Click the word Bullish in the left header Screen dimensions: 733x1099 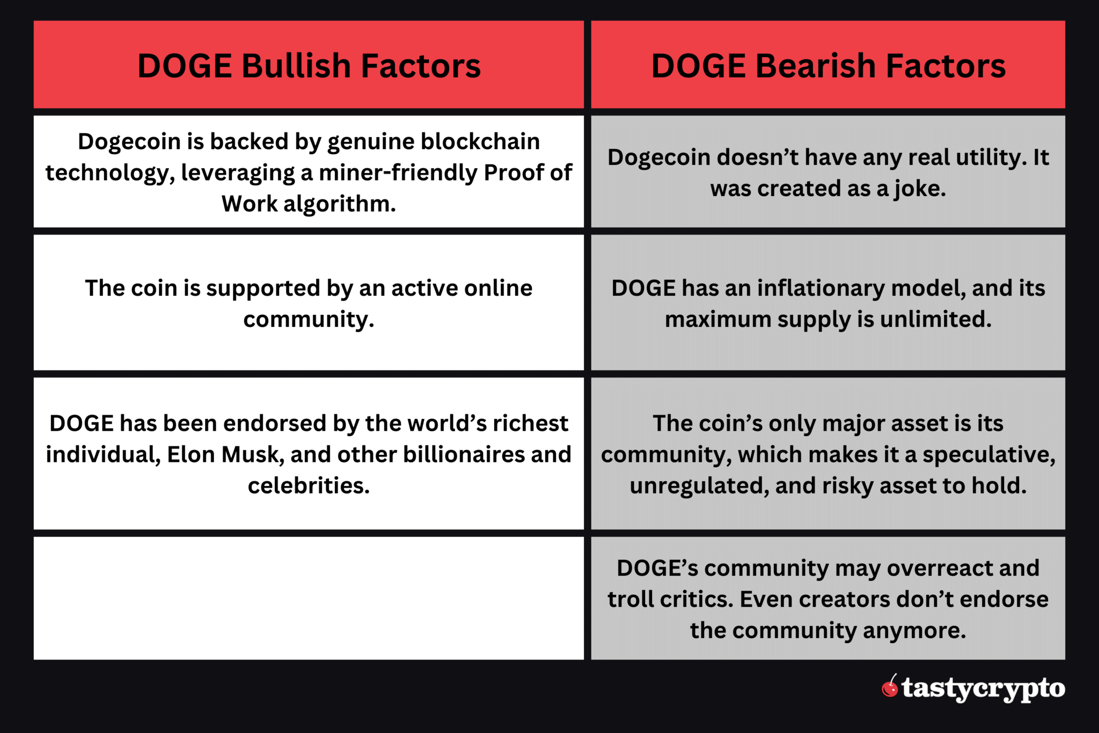(x=297, y=66)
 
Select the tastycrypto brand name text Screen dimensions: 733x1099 (x=983, y=688)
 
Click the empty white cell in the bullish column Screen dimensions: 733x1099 (x=309, y=598)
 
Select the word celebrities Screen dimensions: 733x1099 (x=309, y=486)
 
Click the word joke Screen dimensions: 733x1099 (x=919, y=189)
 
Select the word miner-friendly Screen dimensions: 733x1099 (x=398, y=173)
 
